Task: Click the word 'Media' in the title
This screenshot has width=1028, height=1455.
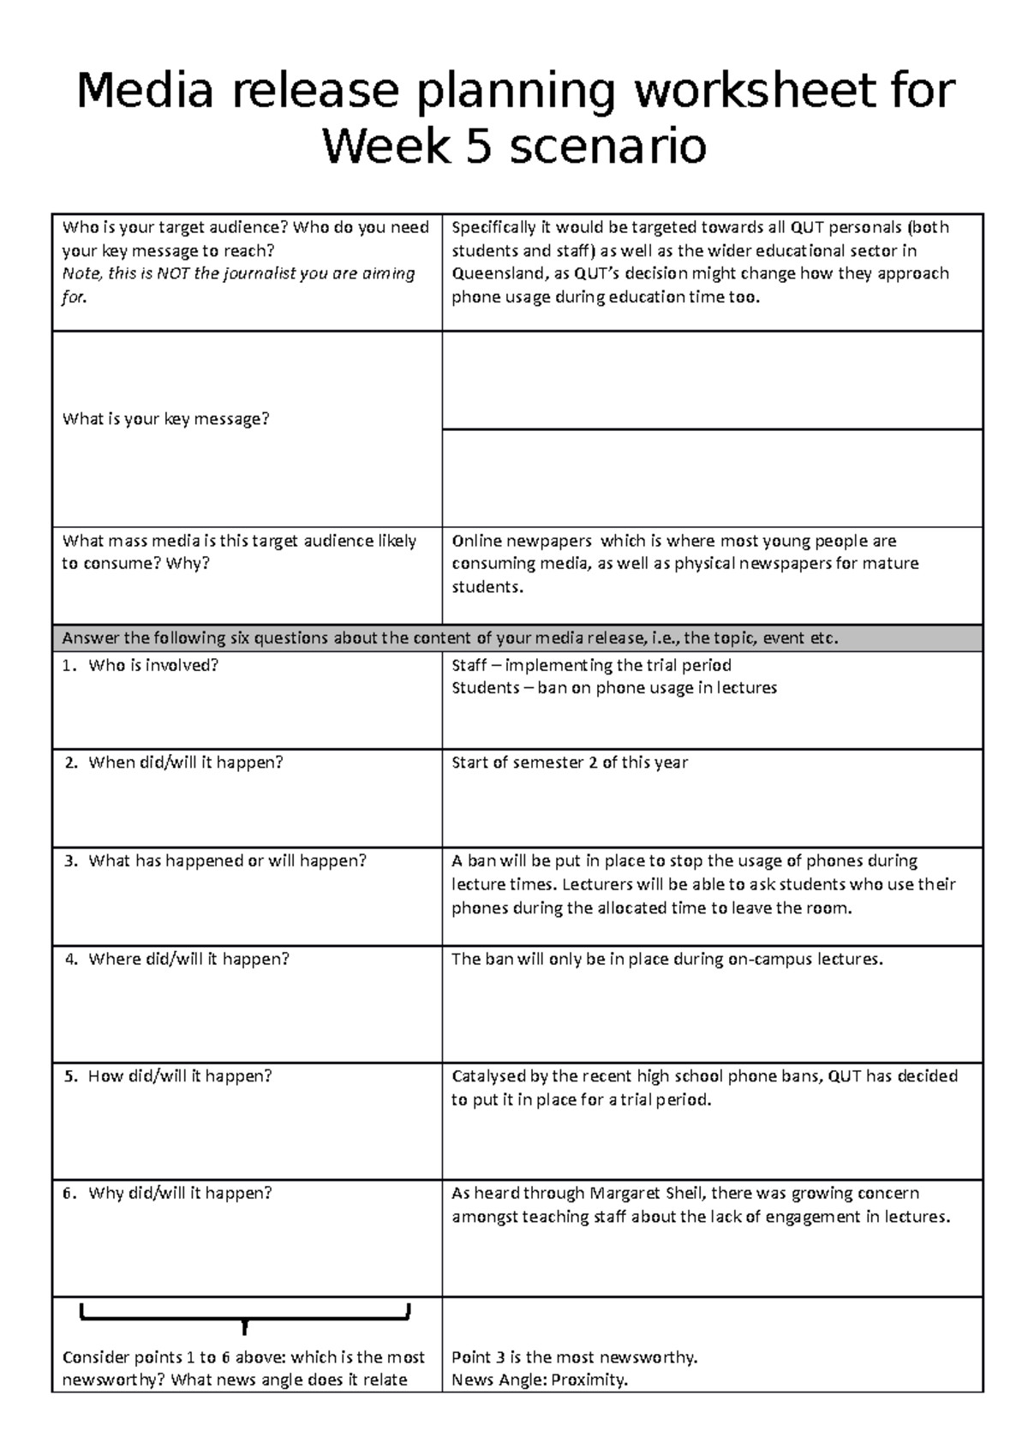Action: pos(144,91)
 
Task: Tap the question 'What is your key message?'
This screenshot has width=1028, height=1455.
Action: pos(165,419)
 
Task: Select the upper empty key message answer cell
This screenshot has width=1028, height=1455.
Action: pos(712,380)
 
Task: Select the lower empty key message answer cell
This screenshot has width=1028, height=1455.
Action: pos(712,478)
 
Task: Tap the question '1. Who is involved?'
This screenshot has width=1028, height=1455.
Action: pos(141,666)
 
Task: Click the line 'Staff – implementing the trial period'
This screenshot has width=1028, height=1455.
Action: pos(591,666)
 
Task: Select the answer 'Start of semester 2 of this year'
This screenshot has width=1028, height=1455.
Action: pos(570,763)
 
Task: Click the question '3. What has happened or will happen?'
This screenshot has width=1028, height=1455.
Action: pos(216,861)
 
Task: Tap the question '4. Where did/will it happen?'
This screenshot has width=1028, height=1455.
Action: pos(177,960)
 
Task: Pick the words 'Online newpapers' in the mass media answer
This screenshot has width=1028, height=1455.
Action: pos(521,542)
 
